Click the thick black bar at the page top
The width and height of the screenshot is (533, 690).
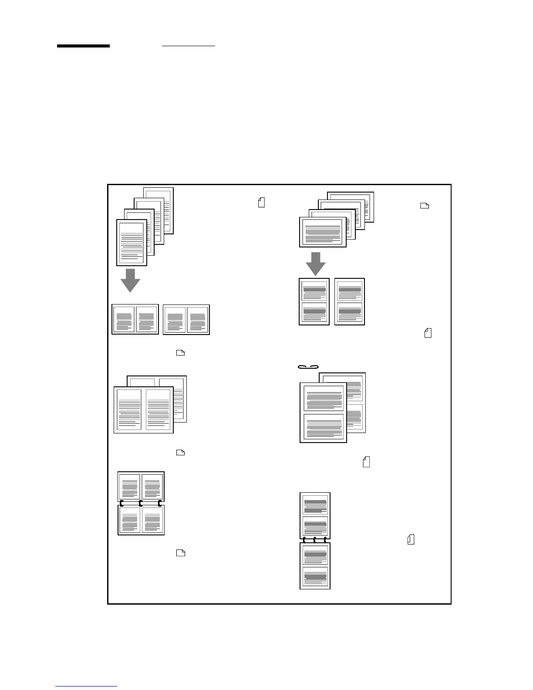[x=83, y=46]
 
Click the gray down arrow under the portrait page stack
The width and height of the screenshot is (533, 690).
[x=130, y=280]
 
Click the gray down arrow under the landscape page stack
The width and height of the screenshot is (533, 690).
[x=316, y=263]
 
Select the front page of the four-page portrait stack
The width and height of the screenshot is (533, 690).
[x=132, y=242]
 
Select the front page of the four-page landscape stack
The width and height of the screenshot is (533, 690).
[x=323, y=232]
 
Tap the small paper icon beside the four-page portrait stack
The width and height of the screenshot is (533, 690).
[x=261, y=202]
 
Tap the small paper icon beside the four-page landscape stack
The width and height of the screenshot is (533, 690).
[x=425, y=206]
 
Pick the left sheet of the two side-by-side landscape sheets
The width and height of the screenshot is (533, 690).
[x=135, y=319]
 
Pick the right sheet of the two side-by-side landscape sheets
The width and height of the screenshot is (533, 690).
[x=186, y=319]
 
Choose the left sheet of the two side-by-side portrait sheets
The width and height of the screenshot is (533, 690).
[x=314, y=301]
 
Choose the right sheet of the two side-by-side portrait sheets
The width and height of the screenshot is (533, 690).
[x=350, y=301]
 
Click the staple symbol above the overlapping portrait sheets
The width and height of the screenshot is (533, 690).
[x=308, y=366]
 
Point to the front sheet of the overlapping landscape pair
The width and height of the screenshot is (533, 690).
[x=143, y=409]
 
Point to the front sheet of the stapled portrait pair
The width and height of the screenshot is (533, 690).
[x=323, y=412]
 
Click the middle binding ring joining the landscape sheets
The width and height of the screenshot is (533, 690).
[x=141, y=504]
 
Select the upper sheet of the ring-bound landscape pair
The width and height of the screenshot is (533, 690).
[x=141, y=486]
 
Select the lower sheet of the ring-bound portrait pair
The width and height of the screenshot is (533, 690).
[x=315, y=566]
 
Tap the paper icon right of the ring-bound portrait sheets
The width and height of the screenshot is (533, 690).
[x=411, y=539]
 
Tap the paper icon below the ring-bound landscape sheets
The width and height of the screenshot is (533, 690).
[x=180, y=553]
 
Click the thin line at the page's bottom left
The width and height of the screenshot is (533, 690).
[x=86, y=686]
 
